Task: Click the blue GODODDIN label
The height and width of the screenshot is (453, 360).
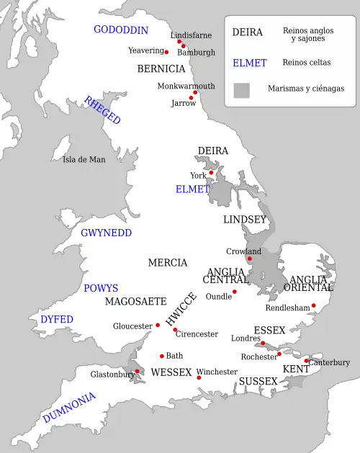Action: click(121, 30)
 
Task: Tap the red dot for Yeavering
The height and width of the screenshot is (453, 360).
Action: click(166, 52)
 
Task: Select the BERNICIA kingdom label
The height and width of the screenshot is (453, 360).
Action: click(161, 69)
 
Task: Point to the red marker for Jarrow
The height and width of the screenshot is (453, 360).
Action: click(192, 97)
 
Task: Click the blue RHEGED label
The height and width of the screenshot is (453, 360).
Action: click(102, 110)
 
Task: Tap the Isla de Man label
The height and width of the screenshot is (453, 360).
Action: click(84, 159)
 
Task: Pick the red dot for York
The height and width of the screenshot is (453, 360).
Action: click(212, 172)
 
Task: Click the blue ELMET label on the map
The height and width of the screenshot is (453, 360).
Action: click(192, 189)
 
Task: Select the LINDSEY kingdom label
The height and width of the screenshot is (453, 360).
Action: click(245, 219)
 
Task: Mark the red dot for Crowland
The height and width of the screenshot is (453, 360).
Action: click(250, 258)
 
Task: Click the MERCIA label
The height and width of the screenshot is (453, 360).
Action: click(168, 263)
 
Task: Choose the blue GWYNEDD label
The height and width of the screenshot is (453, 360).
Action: click(106, 233)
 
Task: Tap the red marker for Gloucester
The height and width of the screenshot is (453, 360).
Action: click(158, 325)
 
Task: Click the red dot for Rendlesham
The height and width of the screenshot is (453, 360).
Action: click(313, 305)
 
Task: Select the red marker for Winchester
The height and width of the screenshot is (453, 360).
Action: click(199, 377)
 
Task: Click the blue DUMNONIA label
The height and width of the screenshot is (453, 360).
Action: click(68, 408)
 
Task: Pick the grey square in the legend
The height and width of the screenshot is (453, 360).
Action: click(242, 90)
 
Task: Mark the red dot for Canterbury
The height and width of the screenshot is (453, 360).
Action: click(306, 361)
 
